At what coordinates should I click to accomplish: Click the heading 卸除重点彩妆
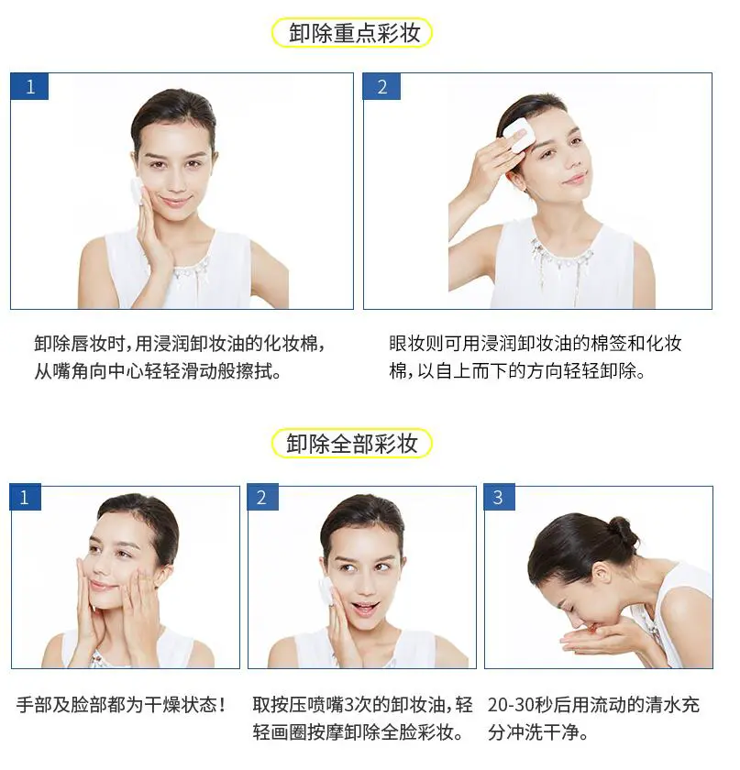354,34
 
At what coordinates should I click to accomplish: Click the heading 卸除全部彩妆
352,445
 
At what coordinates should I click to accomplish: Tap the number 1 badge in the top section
29,87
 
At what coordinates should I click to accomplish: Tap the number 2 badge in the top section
381,87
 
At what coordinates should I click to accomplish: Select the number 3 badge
499,498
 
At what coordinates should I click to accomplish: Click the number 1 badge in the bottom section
25,498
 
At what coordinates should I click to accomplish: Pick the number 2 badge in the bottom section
262,498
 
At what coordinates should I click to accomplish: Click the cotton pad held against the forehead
517,134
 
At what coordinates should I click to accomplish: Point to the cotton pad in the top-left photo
138,191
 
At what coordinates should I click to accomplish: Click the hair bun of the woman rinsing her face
623,531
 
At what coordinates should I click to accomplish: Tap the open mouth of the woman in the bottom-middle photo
364,608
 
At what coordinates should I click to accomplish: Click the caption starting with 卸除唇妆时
180,357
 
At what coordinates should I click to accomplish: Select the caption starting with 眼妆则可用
536,357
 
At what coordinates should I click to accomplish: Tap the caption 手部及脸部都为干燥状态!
121,705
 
